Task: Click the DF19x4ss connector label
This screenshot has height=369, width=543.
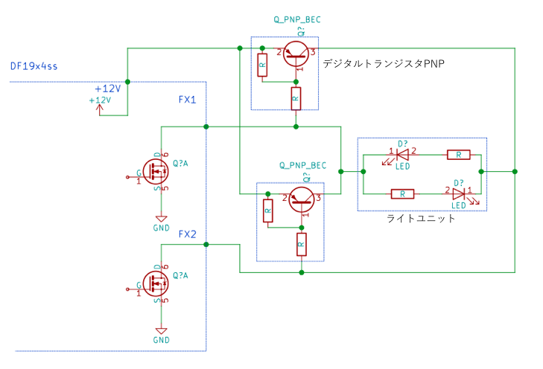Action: tap(34, 66)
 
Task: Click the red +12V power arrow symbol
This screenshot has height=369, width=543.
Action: tap(100, 109)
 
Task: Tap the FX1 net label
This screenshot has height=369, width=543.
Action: tap(188, 100)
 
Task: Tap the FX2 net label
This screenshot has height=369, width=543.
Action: tap(188, 234)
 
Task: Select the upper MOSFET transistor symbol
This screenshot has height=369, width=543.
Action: tap(156, 172)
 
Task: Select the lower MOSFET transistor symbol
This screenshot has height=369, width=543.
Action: tap(156, 283)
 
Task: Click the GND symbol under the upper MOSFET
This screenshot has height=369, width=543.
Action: tap(161, 219)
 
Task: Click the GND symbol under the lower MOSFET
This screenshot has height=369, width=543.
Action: tap(161, 331)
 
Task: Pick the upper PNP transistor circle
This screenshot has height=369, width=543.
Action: tap(296, 54)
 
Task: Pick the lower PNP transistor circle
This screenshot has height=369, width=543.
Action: tap(302, 199)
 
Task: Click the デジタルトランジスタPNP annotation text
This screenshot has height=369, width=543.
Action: tap(384, 64)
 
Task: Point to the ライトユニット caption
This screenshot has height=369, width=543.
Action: tap(420, 218)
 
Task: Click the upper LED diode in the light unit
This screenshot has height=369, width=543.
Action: tap(402, 154)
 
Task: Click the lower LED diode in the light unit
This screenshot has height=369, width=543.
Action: tap(459, 193)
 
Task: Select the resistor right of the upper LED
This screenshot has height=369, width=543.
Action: tap(459, 155)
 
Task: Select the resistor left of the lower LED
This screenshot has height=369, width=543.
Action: tap(402, 194)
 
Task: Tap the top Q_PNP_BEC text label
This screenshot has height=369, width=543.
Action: tap(297, 19)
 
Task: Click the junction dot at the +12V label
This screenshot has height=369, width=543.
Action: tap(127, 82)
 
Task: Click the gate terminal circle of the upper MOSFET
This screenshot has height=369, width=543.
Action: tap(127, 177)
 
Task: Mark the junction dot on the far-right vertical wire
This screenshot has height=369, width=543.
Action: tap(515, 172)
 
